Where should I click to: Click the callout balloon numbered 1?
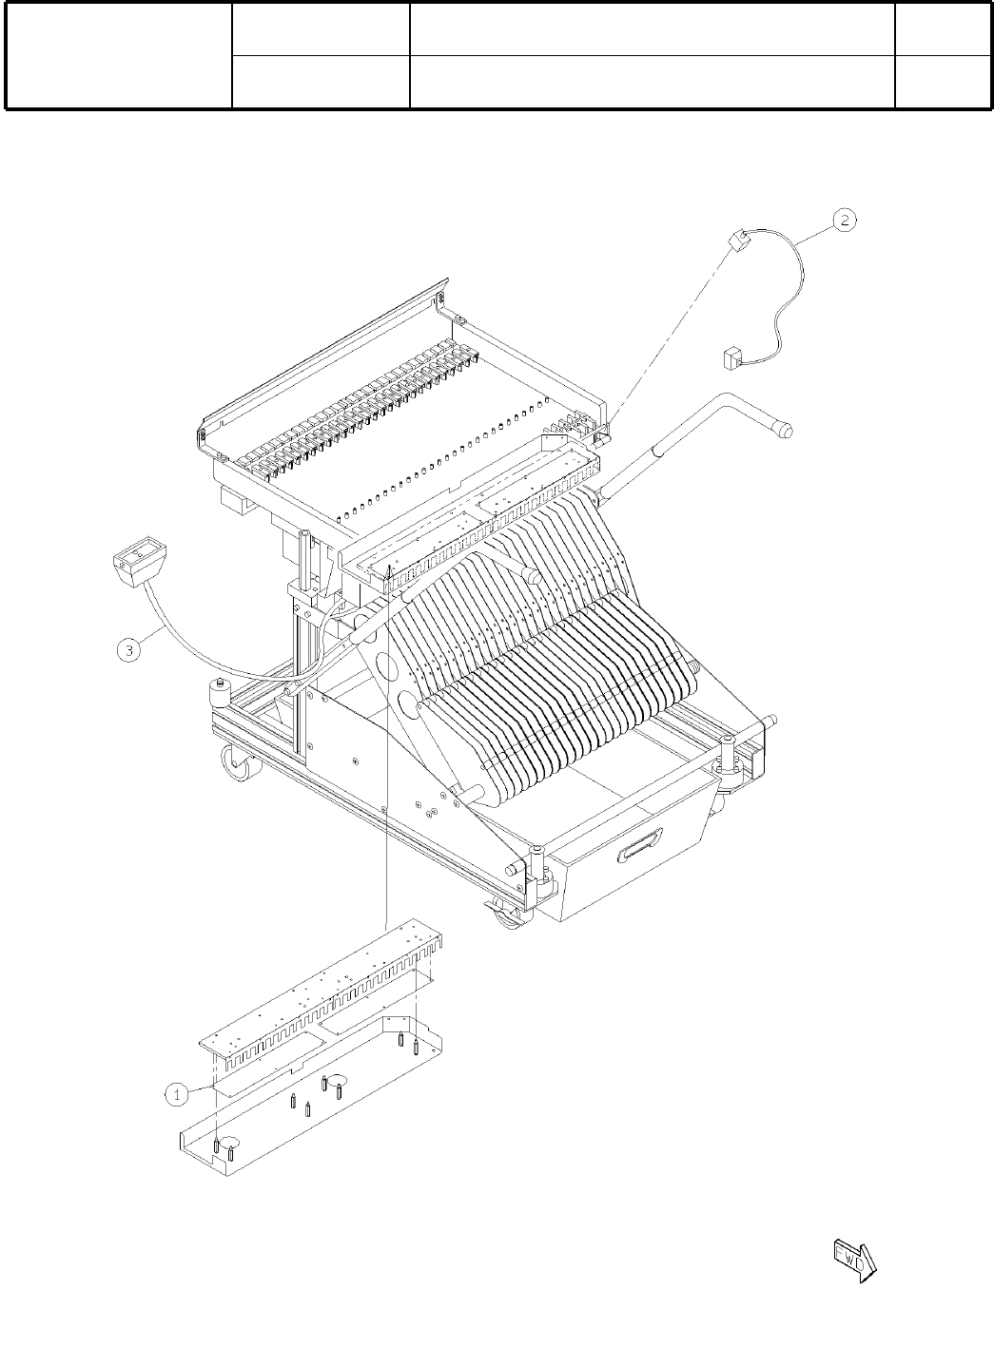[x=177, y=1094]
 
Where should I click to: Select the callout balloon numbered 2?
[x=845, y=221]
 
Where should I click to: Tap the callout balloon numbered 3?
[x=130, y=650]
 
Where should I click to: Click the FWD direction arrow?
[x=855, y=1260]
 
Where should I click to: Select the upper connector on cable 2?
[x=736, y=240]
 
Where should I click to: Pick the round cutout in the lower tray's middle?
[x=340, y=1077]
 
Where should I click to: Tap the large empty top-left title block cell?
[x=119, y=55]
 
